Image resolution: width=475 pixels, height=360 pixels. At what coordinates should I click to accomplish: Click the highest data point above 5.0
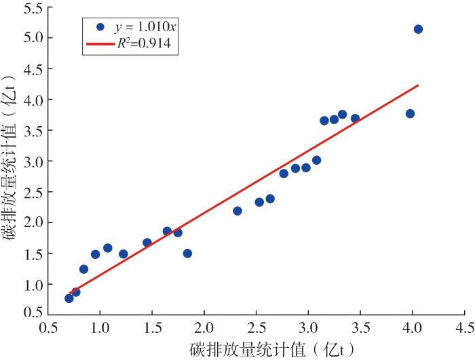(x=418, y=29)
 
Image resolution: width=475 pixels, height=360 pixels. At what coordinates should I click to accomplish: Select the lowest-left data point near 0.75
(x=69, y=298)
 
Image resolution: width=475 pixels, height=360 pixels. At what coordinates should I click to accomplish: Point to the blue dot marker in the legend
(x=100, y=27)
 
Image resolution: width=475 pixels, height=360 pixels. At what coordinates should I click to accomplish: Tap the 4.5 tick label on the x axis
(x=464, y=327)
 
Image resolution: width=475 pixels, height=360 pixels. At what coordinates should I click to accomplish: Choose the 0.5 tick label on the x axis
(x=48, y=327)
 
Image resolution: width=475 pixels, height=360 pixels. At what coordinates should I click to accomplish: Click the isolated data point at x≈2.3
(x=237, y=211)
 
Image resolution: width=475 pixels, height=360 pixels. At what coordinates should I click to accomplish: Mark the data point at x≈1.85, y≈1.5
(x=187, y=254)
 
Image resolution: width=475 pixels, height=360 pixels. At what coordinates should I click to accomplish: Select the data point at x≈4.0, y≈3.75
(x=410, y=114)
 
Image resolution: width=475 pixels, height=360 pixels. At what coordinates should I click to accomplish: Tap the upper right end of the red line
(x=418, y=85)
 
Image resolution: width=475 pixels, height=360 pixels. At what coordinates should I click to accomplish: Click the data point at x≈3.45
(x=355, y=119)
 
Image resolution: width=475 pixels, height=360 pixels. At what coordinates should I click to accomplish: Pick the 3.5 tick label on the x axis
(x=360, y=327)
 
